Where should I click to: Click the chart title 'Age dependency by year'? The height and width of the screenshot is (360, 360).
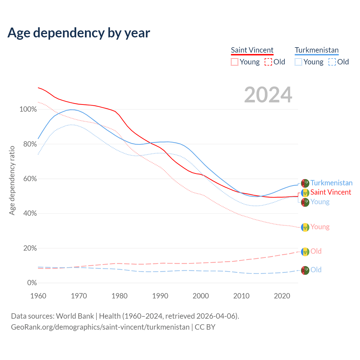click(79, 33)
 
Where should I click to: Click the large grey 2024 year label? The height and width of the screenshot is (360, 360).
click(268, 95)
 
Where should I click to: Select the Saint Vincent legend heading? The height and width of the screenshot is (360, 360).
click(252, 50)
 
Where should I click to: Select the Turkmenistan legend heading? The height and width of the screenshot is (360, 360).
click(317, 50)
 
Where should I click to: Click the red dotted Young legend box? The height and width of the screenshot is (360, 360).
click(235, 62)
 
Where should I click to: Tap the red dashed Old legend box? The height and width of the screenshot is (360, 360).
click(268, 62)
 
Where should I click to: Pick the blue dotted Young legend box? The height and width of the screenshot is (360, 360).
click(298, 62)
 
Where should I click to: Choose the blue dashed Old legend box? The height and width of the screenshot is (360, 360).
click(332, 62)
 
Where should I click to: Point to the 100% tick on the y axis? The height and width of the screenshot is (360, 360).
click(28, 109)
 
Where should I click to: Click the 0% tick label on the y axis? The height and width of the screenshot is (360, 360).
click(32, 283)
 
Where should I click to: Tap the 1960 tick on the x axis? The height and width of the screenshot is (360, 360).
click(38, 296)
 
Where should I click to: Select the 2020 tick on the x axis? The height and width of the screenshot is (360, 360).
click(282, 296)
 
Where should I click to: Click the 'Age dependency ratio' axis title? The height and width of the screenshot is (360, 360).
click(12, 180)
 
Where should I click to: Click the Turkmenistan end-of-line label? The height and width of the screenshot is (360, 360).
click(331, 183)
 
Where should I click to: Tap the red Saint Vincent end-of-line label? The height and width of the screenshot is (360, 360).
click(331, 192)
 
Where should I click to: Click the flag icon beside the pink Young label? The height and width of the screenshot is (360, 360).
click(305, 227)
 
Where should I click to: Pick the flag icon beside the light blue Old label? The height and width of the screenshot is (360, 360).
click(305, 270)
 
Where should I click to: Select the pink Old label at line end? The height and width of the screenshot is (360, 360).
click(316, 251)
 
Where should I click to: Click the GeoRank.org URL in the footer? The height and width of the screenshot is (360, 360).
click(100, 327)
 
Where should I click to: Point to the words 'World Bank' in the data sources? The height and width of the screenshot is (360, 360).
click(75, 316)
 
